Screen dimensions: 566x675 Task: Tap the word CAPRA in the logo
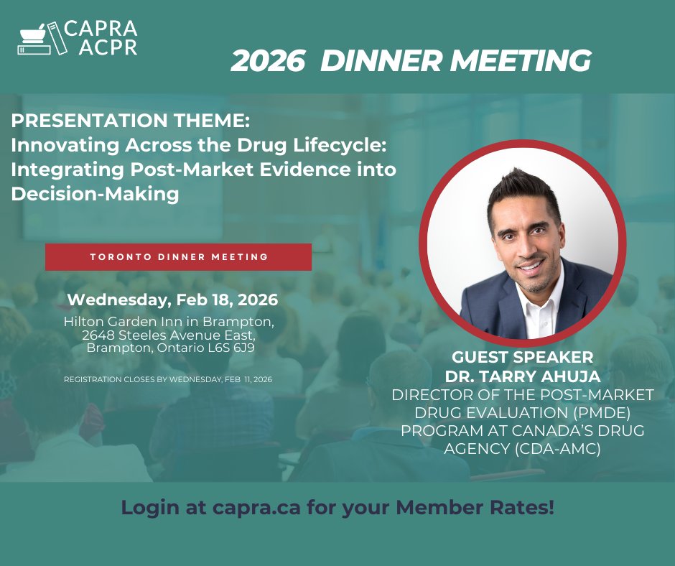(x=100, y=29)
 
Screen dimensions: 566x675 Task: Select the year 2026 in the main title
(x=268, y=62)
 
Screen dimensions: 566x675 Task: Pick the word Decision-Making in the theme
(x=95, y=194)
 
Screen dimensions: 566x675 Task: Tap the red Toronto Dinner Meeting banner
(x=178, y=256)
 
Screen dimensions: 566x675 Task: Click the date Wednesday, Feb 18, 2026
(x=172, y=299)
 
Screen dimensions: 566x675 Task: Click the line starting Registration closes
(x=172, y=379)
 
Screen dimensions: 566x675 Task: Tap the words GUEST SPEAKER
(x=522, y=357)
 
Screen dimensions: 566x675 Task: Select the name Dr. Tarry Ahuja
(x=522, y=376)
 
